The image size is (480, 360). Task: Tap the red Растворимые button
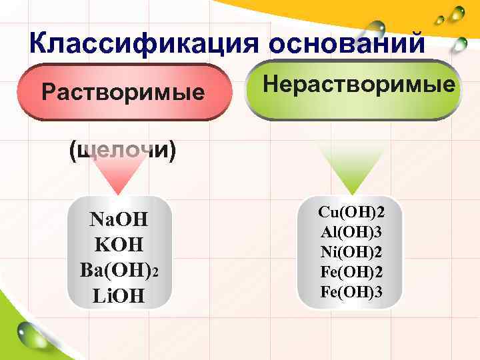123,91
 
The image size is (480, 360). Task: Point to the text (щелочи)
123,151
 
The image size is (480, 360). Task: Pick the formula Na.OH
119,219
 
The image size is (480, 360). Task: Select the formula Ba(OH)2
119,271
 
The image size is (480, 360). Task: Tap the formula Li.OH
119,295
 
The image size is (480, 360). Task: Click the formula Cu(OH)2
351,213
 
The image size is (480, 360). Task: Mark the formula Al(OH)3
351,232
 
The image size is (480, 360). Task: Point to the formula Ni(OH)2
351,252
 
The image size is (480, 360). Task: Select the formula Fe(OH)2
351,272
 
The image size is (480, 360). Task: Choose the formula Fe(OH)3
351,291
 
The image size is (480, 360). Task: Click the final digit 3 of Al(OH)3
379,232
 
